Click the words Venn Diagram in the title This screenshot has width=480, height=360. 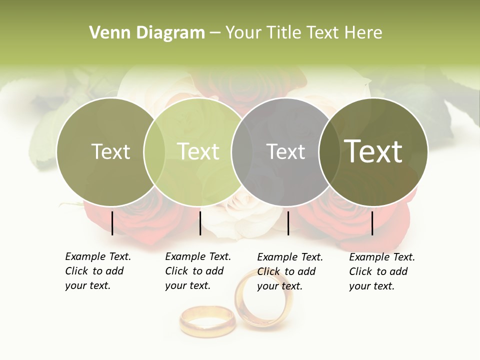(x=146, y=33)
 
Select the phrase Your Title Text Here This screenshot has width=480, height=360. (x=303, y=33)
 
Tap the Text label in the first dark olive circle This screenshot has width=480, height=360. (x=110, y=151)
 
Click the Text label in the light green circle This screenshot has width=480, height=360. (x=198, y=151)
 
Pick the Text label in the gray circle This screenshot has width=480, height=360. (x=285, y=151)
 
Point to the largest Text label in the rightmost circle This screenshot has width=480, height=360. (x=373, y=151)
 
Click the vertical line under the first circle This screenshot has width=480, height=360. (x=112, y=223)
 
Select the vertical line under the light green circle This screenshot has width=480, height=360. (x=200, y=223)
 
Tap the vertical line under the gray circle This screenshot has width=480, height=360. (x=288, y=223)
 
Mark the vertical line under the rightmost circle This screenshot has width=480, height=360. (x=372, y=223)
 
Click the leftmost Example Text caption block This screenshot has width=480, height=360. (x=97, y=271)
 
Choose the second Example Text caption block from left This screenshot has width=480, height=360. (x=197, y=271)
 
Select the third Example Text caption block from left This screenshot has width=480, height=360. (x=289, y=271)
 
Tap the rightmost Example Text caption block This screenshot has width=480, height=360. (x=381, y=271)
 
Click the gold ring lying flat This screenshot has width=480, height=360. (x=207, y=321)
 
